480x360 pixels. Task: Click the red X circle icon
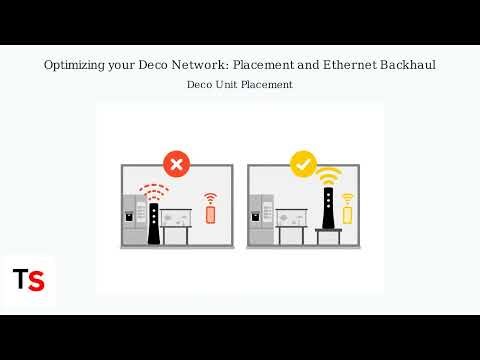[x=177, y=163]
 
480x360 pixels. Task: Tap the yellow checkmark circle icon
[x=302, y=163]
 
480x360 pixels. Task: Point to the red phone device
[x=210, y=214]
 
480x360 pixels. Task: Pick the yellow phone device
[x=347, y=214]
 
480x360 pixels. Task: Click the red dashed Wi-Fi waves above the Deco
[x=153, y=189]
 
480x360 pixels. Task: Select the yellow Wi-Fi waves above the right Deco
[x=327, y=179]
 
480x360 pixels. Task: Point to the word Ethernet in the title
[x=350, y=65]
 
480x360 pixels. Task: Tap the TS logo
[x=28, y=279]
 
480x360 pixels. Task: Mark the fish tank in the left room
[x=178, y=217]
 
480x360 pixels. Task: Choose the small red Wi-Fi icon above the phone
[x=210, y=198]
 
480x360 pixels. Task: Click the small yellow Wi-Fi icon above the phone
[x=347, y=198]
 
